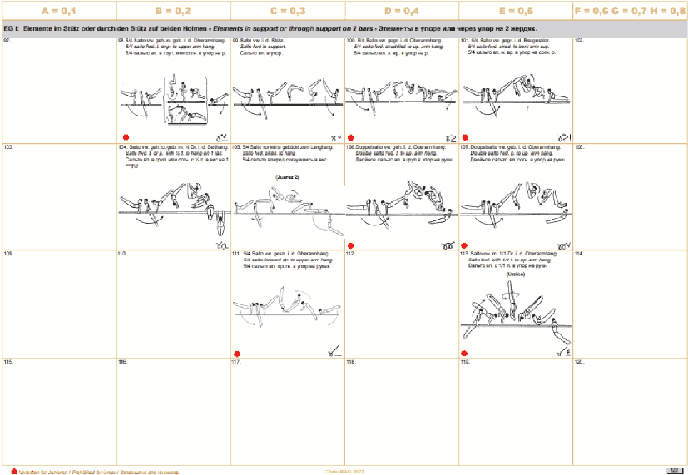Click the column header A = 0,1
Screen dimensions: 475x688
57,11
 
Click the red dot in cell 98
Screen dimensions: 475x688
126,136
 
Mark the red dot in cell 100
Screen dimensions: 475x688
352,136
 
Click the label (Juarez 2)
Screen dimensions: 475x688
287,177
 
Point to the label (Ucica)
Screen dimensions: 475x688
516,273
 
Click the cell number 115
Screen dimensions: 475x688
9,363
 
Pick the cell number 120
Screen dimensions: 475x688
580,363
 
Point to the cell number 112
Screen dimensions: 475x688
353,253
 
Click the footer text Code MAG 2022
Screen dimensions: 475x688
344,470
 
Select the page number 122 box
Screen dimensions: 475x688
675,470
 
